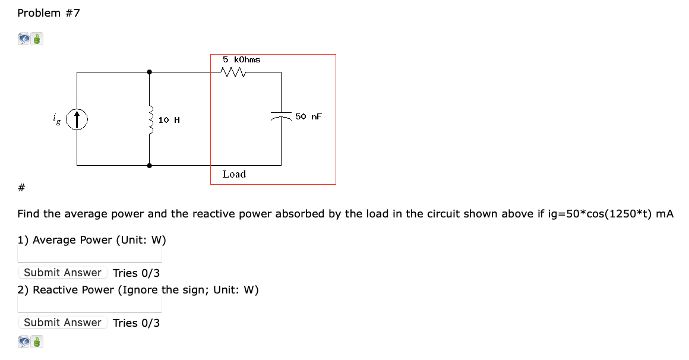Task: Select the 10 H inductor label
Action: (169, 121)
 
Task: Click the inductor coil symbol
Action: (150, 119)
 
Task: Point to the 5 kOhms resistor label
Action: (241, 59)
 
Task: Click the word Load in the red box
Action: (234, 174)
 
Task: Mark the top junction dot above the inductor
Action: (150, 72)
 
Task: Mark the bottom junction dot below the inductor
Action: (150, 166)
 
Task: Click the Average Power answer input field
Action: (90, 255)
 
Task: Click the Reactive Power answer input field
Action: (90, 305)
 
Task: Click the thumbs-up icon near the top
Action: (37, 40)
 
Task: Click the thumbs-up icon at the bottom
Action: (37, 342)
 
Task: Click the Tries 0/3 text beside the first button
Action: (136, 273)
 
